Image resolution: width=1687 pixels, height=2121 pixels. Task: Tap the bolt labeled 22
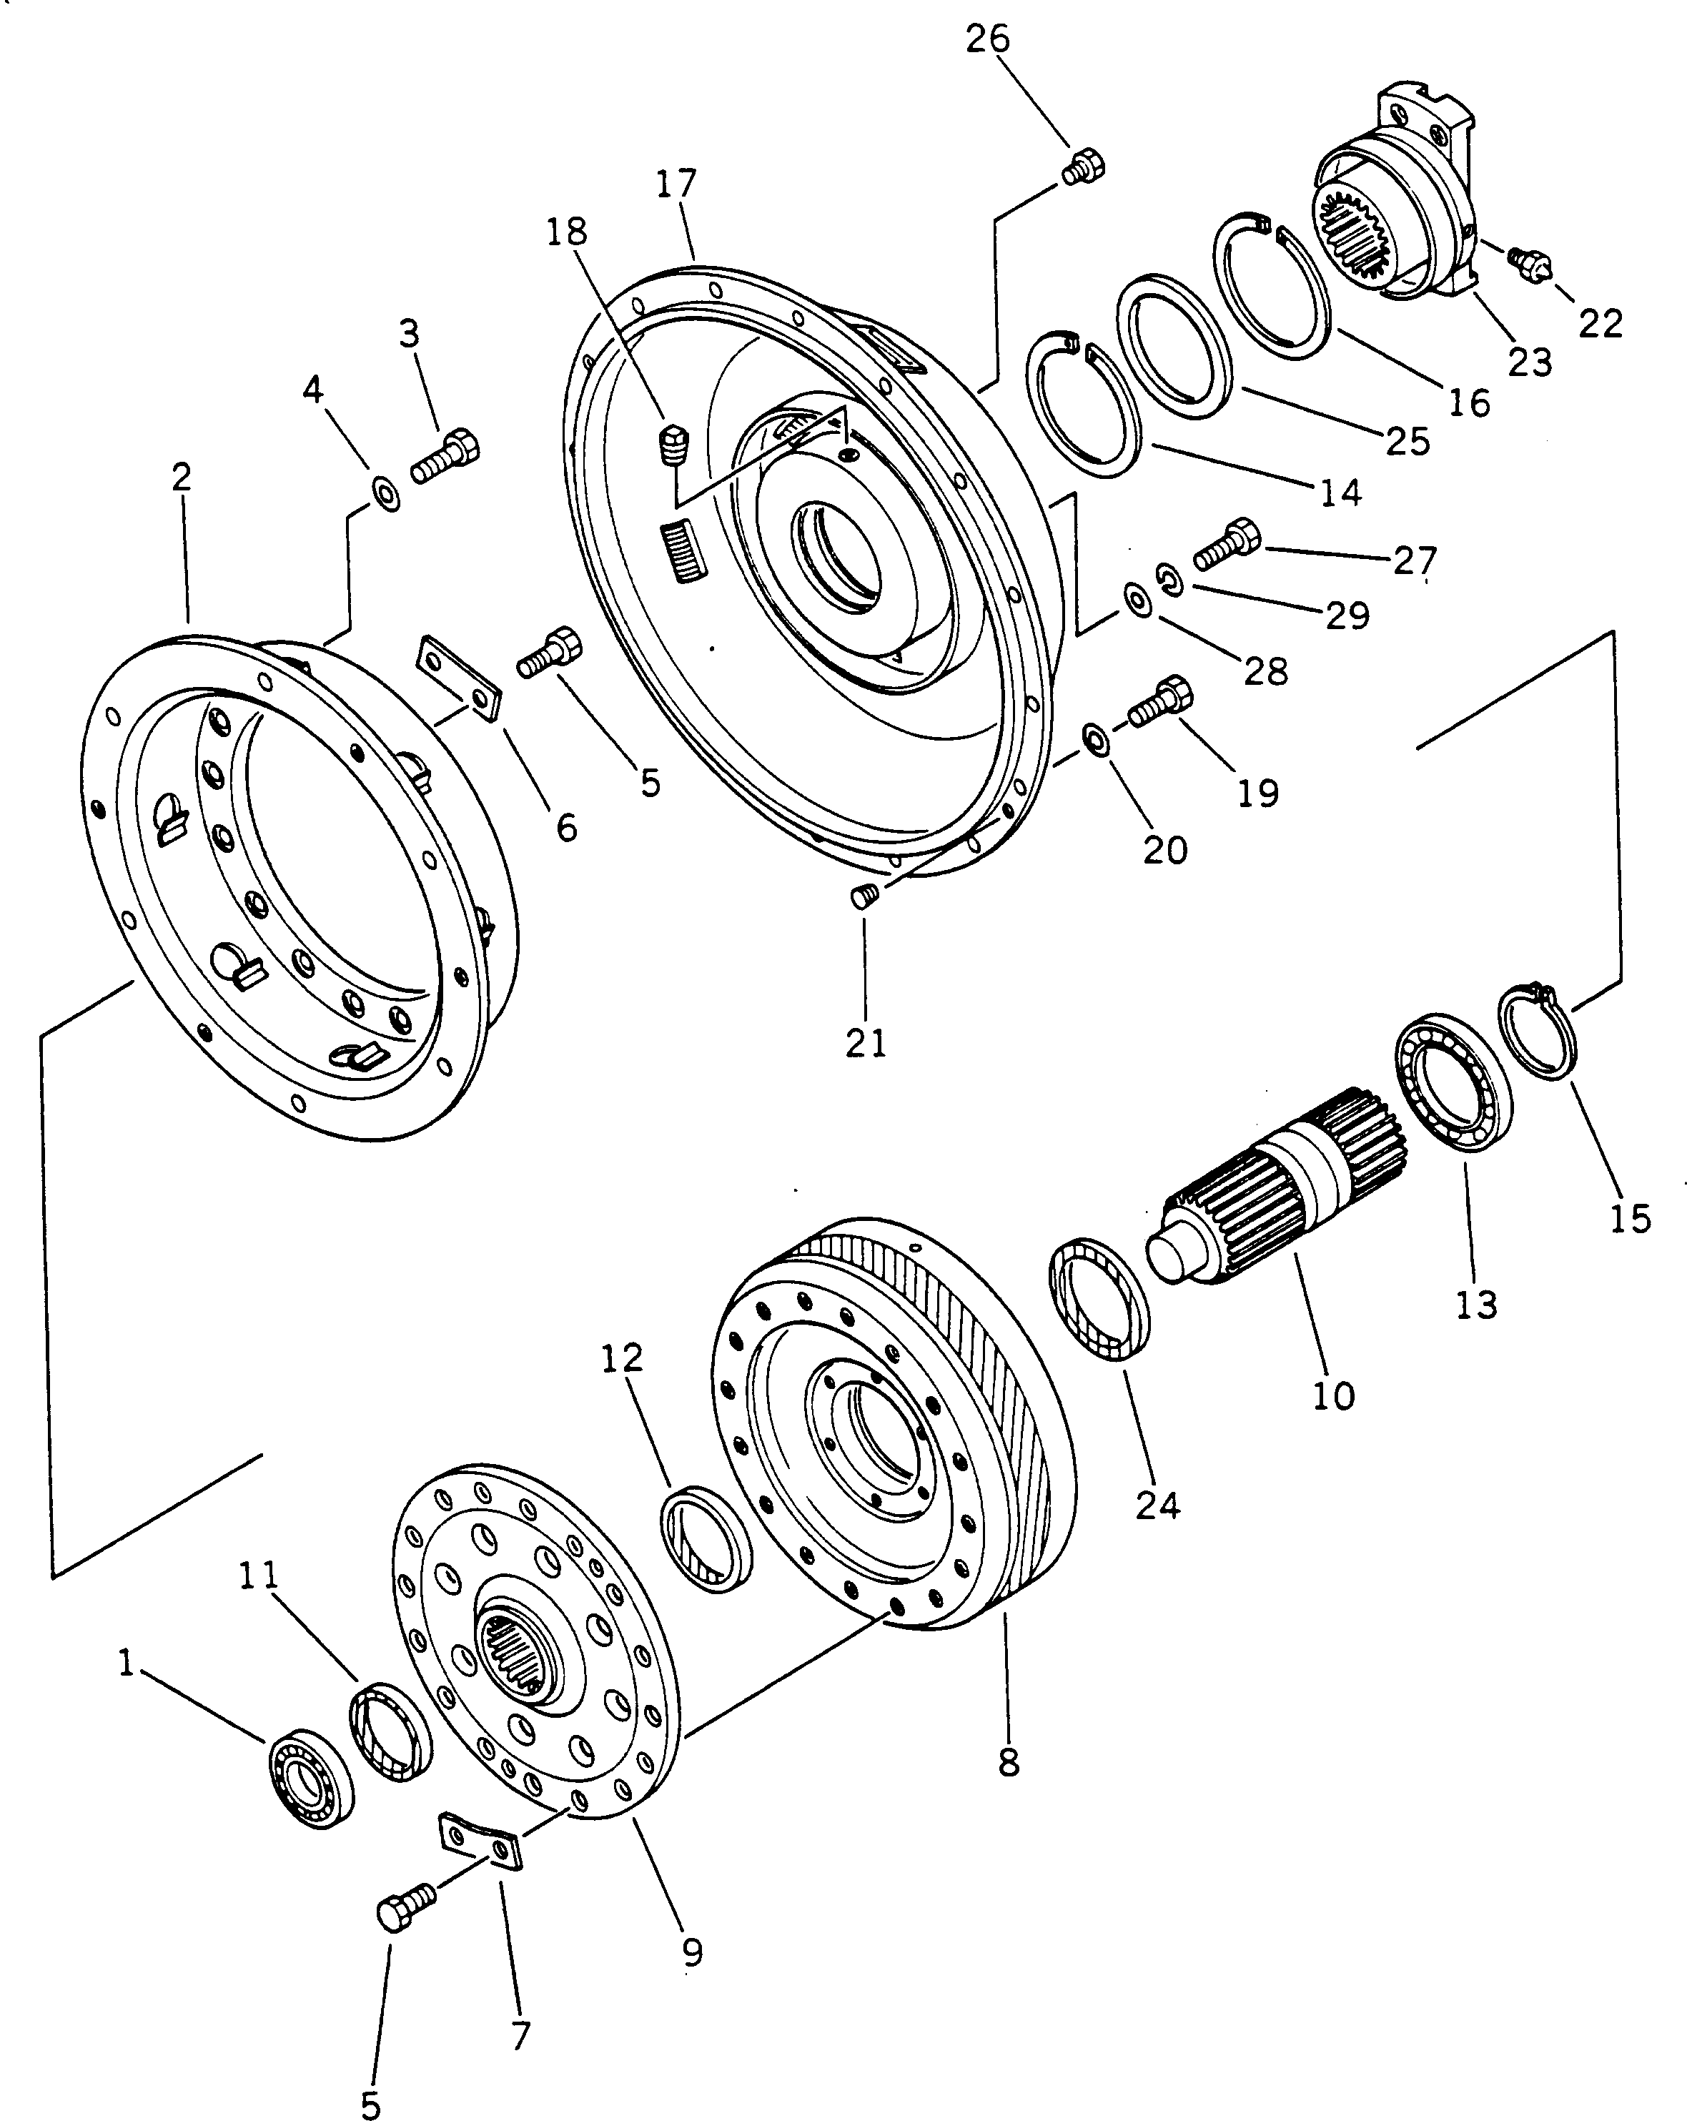[1528, 261]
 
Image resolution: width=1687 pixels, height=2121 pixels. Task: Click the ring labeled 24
[1099, 1299]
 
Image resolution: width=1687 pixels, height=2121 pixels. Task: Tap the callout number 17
[677, 184]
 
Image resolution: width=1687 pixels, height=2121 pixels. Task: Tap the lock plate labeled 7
[479, 1841]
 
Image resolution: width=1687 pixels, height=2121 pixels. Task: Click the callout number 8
[1008, 1762]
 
